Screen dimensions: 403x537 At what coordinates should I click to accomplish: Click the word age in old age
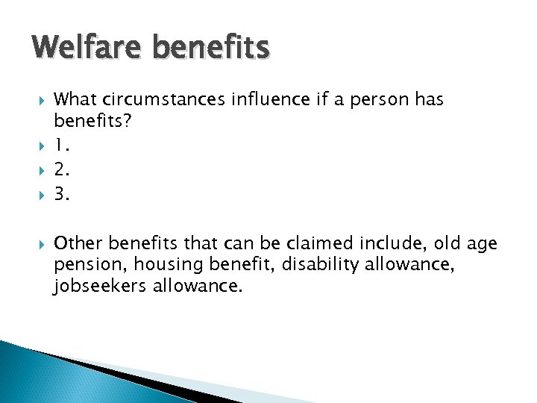[481, 244]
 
